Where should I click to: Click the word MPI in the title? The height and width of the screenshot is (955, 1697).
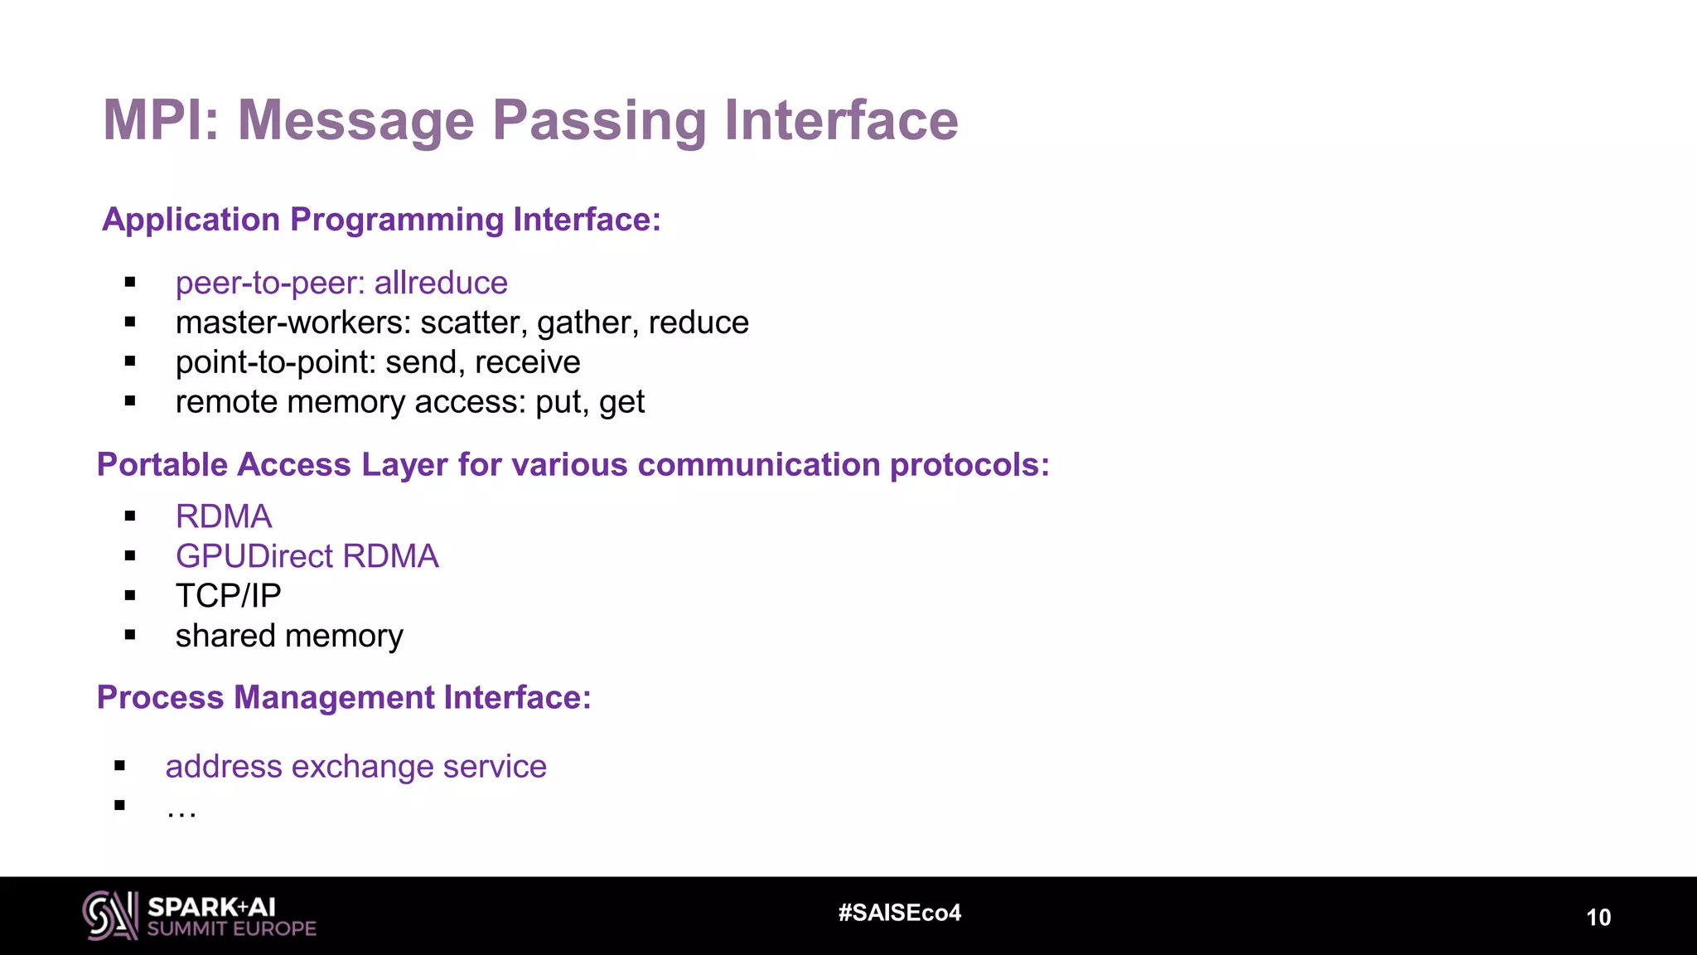tap(157, 120)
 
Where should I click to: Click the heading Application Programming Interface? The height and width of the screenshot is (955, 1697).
tap(381, 220)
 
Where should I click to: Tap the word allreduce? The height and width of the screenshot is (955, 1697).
tap(441, 284)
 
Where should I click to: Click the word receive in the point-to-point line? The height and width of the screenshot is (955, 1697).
tap(527, 362)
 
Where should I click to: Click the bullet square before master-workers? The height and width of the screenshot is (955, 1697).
tap(130, 322)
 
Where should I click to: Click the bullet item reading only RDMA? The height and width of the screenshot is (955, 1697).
tap(224, 516)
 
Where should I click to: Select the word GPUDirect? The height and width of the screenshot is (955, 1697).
tap(254, 556)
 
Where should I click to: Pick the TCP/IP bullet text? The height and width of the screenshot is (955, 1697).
tap(228, 596)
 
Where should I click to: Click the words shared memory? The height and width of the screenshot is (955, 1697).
tap(289, 636)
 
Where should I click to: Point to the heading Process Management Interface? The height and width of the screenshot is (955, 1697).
tap(344, 697)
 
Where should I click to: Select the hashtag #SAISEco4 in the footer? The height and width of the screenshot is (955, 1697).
tap(899, 913)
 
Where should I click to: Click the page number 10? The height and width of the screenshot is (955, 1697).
tap(1598, 917)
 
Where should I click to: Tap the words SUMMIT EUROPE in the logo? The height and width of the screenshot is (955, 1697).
tap(232, 928)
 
